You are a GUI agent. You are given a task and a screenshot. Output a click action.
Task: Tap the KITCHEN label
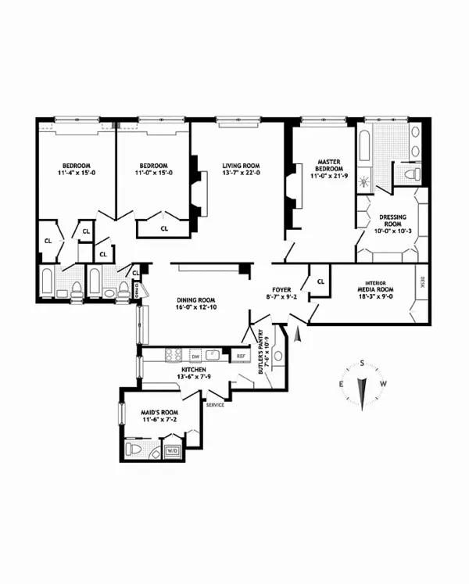point(193,368)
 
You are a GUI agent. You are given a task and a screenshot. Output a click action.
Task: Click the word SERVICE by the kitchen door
point(215,405)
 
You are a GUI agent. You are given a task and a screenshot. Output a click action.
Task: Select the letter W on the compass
point(383,384)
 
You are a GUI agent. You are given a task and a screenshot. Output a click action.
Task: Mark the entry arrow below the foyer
point(297,335)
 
